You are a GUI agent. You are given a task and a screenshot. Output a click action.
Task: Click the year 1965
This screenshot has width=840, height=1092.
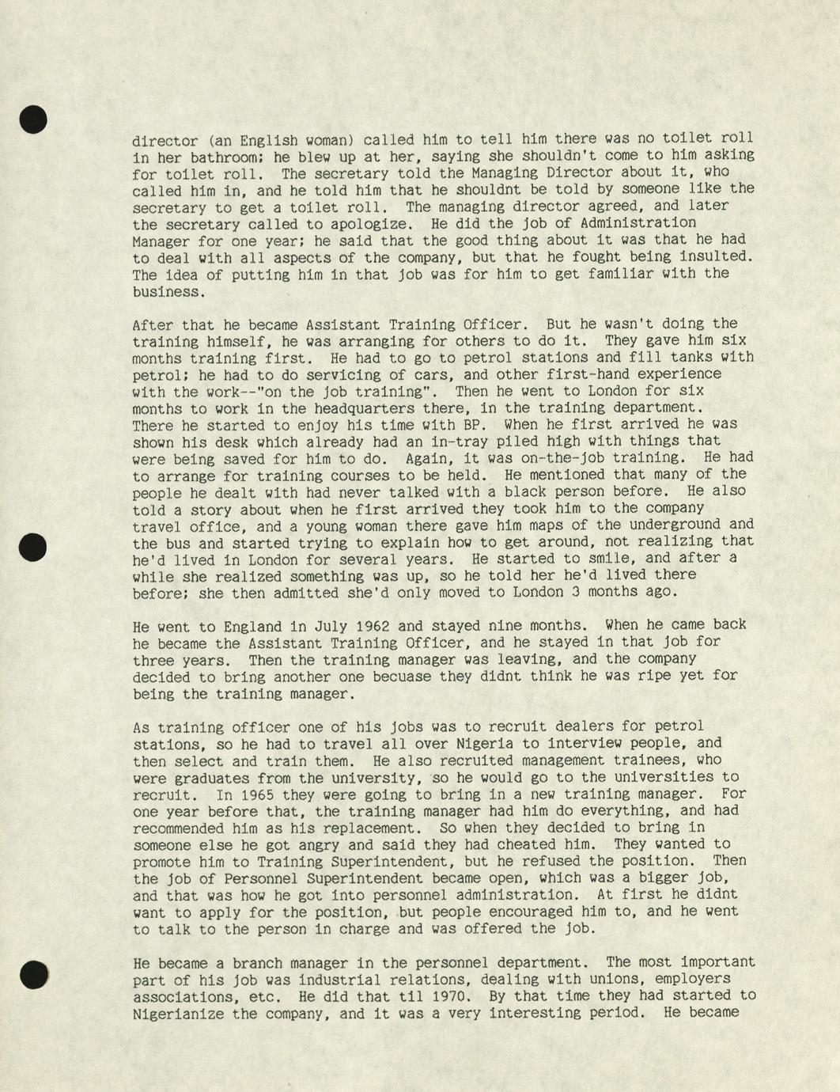pos(257,794)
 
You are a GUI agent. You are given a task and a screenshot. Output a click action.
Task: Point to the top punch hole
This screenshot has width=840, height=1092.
pos(32,119)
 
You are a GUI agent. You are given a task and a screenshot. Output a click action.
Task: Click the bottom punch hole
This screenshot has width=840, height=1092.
pos(33,973)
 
